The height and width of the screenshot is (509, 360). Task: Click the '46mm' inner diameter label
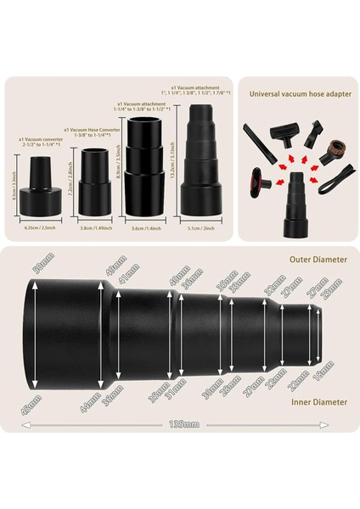click(x=38, y=395)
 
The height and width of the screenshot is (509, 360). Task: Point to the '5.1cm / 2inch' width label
click(x=203, y=228)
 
